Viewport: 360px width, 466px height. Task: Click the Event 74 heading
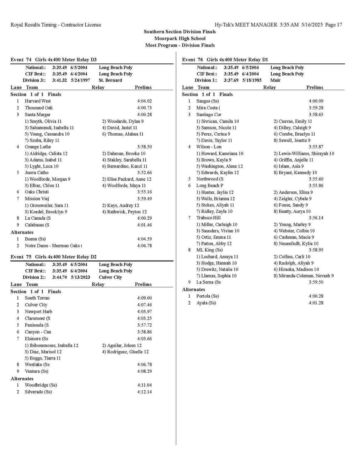(x=54, y=60)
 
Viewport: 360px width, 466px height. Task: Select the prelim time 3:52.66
(x=144, y=172)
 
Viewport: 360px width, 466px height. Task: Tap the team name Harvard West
(x=38, y=101)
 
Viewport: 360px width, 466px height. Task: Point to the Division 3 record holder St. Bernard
(x=110, y=80)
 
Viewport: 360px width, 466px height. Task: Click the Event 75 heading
(x=54, y=257)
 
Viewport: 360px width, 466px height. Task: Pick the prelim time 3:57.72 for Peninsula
(x=144, y=325)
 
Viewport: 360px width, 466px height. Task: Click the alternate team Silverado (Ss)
(x=38, y=392)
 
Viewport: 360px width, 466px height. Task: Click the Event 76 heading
(x=225, y=60)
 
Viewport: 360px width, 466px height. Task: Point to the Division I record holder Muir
(x=275, y=80)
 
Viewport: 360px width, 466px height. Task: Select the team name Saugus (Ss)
(x=208, y=101)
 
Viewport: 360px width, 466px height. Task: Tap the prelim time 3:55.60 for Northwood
(x=316, y=179)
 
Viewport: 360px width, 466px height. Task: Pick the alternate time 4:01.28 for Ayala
(x=316, y=303)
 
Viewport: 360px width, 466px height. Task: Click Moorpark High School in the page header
(x=180, y=38)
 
